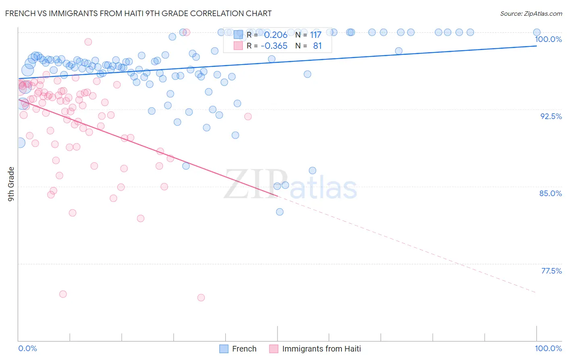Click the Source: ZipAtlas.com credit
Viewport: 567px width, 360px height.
tap(531, 13)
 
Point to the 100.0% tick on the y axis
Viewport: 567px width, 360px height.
tap(548, 39)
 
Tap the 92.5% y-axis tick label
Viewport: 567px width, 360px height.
tap(551, 116)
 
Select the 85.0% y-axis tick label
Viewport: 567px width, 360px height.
tap(550, 193)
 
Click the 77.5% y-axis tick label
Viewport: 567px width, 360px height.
tap(551, 271)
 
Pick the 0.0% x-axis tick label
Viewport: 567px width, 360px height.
tap(27, 348)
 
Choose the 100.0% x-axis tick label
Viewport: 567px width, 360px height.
tap(548, 348)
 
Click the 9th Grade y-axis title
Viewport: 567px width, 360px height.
tap(11, 184)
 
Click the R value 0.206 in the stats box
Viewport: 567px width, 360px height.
tap(275, 35)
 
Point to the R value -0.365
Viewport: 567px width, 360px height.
tap(274, 46)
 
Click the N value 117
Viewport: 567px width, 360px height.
tap(315, 35)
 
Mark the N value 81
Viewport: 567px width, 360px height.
tap(317, 46)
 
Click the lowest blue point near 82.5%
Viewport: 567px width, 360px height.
tap(279, 212)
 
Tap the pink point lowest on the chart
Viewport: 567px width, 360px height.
tap(201, 297)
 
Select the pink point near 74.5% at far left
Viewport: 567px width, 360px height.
tap(63, 294)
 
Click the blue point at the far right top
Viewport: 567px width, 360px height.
tap(537, 32)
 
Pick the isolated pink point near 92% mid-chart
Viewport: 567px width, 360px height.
tap(248, 117)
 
